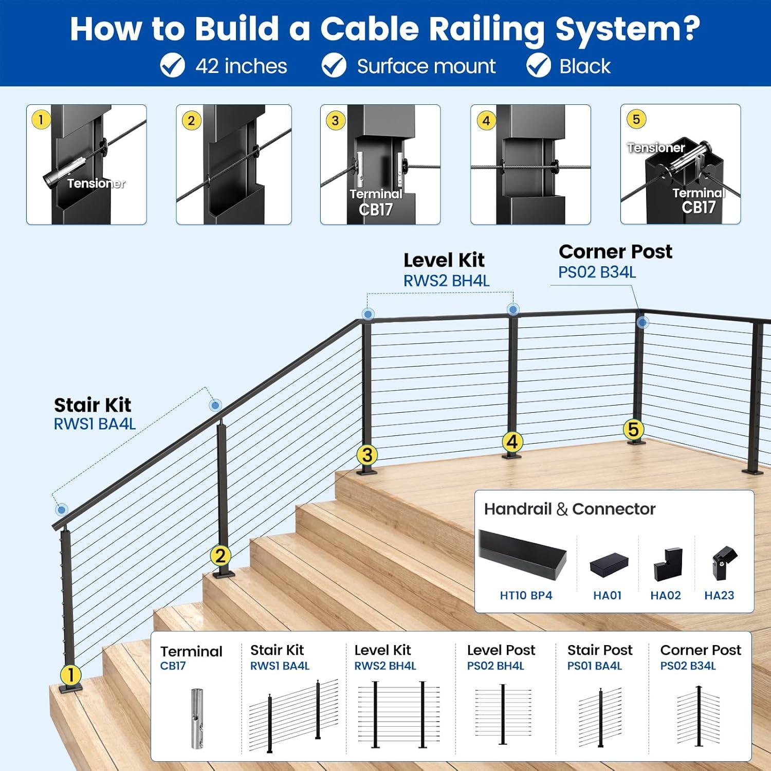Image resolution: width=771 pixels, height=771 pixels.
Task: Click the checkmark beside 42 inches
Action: pyautogui.click(x=172, y=66)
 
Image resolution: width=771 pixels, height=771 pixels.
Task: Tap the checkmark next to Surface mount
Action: pyautogui.click(x=334, y=66)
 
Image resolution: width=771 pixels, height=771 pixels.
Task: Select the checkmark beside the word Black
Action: pyautogui.click(x=539, y=66)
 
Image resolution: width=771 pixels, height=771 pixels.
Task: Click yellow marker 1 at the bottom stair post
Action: pyautogui.click(x=71, y=675)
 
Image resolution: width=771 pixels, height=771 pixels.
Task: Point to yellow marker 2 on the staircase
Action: pyautogui.click(x=221, y=556)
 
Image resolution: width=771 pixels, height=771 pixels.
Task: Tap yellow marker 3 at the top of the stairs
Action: pyautogui.click(x=367, y=455)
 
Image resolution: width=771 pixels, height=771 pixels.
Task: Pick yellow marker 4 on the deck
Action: pyautogui.click(x=512, y=442)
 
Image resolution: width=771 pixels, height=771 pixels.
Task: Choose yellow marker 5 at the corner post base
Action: pyautogui.click(x=633, y=429)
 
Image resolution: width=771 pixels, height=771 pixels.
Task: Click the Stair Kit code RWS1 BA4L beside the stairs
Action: pyautogui.click(x=95, y=424)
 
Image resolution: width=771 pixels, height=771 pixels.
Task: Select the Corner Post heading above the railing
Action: pyautogui.click(x=615, y=251)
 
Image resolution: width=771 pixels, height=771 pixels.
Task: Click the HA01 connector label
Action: pyautogui.click(x=607, y=595)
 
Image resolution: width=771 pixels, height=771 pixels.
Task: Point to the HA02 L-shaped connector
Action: pyautogui.click(x=667, y=564)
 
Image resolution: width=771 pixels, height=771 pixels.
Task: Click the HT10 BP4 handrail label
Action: pyautogui.click(x=526, y=595)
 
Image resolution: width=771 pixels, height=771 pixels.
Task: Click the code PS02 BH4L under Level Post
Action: pyautogui.click(x=495, y=666)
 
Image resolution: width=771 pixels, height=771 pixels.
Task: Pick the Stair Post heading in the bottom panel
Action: pyautogui.click(x=599, y=650)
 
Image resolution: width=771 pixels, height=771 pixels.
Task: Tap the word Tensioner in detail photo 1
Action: pyautogui.click(x=96, y=183)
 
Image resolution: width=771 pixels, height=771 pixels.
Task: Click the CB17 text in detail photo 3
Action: pyautogui.click(x=376, y=210)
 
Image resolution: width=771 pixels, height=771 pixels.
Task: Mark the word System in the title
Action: pyautogui.click(x=628, y=29)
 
